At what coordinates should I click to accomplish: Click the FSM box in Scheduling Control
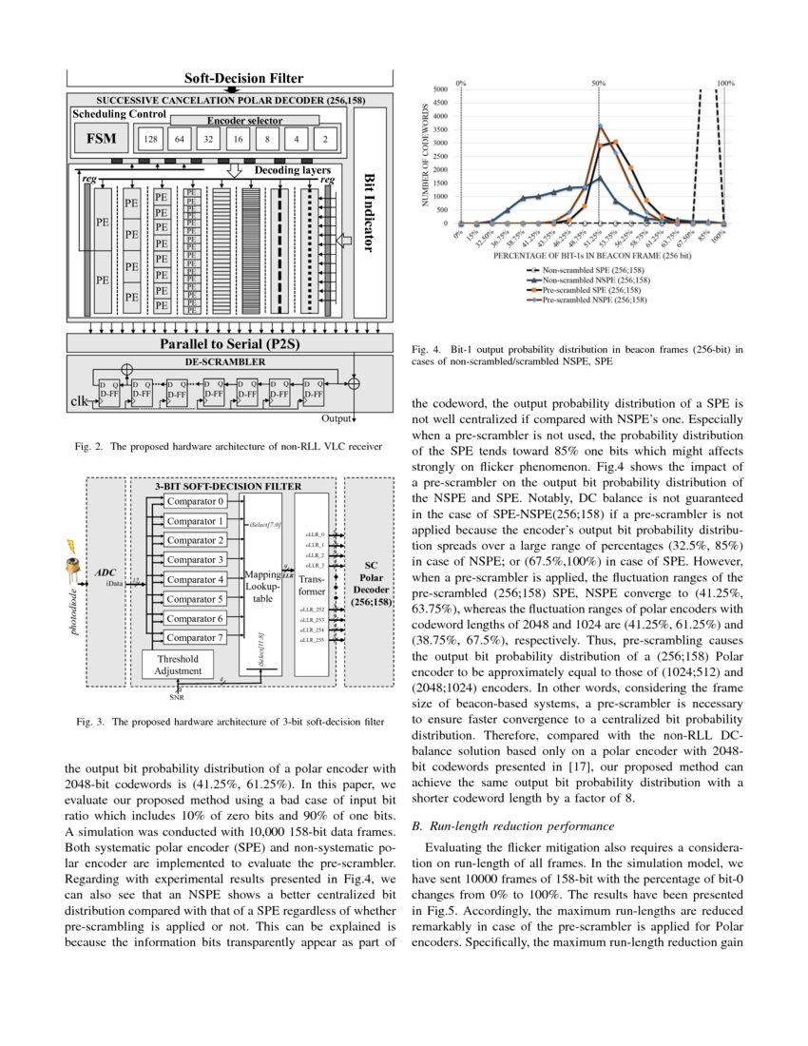(x=101, y=138)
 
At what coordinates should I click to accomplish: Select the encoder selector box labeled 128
(x=149, y=139)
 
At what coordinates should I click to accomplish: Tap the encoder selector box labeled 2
(x=325, y=139)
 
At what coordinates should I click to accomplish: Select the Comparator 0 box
(x=195, y=501)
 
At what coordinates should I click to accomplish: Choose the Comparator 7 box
(x=195, y=638)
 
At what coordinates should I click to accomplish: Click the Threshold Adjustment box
(x=178, y=664)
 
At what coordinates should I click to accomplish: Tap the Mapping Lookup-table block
(x=261, y=586)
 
